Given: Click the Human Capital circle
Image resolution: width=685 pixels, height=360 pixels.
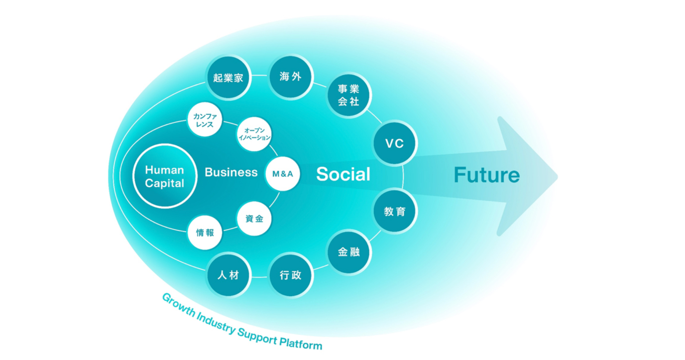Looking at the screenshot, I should coord(164,176).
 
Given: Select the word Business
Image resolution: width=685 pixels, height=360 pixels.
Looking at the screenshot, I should coord(231,172).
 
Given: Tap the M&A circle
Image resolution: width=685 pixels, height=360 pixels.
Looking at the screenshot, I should coord(282,174).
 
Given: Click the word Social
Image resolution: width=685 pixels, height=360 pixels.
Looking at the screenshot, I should coord(343,174).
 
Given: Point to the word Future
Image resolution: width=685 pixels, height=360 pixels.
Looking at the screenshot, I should coord(486,175).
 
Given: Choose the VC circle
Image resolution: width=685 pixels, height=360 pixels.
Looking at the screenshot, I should coord(395,144).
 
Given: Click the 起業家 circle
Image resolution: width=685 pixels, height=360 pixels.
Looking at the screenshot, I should coord(228,78).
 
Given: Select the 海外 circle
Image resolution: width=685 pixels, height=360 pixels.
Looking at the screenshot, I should coord(291,77).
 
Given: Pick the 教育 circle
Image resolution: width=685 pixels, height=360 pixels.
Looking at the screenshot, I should coord(395,212).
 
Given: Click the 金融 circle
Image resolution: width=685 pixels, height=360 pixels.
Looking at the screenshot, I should coord(348,252).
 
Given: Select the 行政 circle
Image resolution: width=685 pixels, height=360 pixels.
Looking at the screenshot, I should coord(291,275).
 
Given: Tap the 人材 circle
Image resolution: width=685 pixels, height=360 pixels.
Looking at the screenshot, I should coord(228,275).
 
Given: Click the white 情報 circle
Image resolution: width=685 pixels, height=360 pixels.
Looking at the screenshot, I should coord(205,233).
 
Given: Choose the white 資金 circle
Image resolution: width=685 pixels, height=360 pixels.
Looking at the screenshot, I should coord(254,218).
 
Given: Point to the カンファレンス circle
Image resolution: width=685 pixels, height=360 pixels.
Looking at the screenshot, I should coord(205,120).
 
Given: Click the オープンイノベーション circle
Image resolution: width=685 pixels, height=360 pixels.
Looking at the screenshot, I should coord(254,134).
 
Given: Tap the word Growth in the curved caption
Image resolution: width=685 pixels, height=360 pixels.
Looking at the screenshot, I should coord(176,303).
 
